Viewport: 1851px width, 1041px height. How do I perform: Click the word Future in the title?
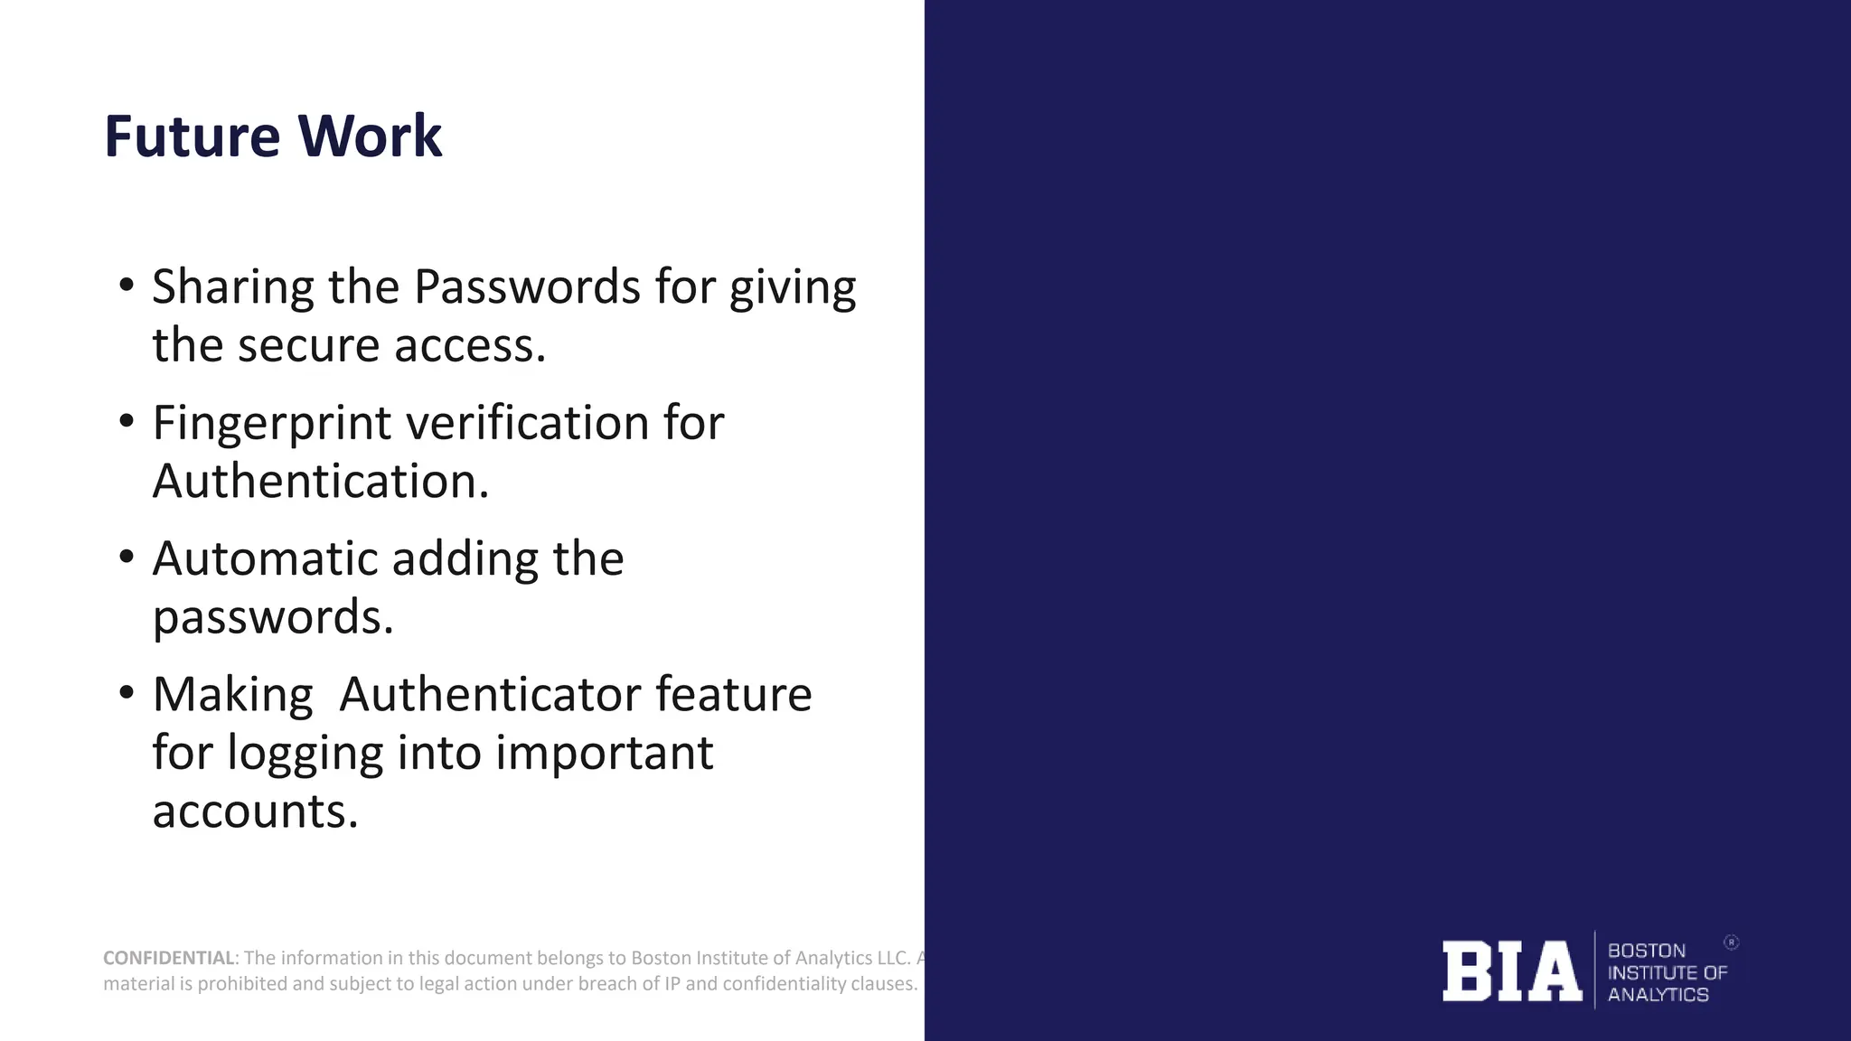(193, 137)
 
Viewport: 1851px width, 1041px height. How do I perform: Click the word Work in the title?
(370, 137)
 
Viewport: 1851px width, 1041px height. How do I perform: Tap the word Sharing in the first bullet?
(231, 287)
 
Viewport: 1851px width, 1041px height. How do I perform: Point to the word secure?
(308, 346)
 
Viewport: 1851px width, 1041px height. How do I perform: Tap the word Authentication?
(320, 482)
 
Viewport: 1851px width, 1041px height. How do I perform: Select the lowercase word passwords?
(273, 618)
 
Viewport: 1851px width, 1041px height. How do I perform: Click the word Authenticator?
(489, 695)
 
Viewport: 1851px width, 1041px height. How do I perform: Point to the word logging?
(305, 754)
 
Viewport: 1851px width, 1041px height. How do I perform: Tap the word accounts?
(255, 811)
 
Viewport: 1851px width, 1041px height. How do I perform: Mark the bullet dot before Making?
(127, 693)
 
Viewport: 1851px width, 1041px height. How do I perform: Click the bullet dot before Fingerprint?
(127, 421)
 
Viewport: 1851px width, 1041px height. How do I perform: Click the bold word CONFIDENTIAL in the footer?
(169, 958)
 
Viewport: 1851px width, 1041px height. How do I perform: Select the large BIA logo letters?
(1511, 971)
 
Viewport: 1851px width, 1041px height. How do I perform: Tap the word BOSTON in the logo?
(1646, 951)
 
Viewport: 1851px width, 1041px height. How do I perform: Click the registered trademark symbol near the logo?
(1731, 943)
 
